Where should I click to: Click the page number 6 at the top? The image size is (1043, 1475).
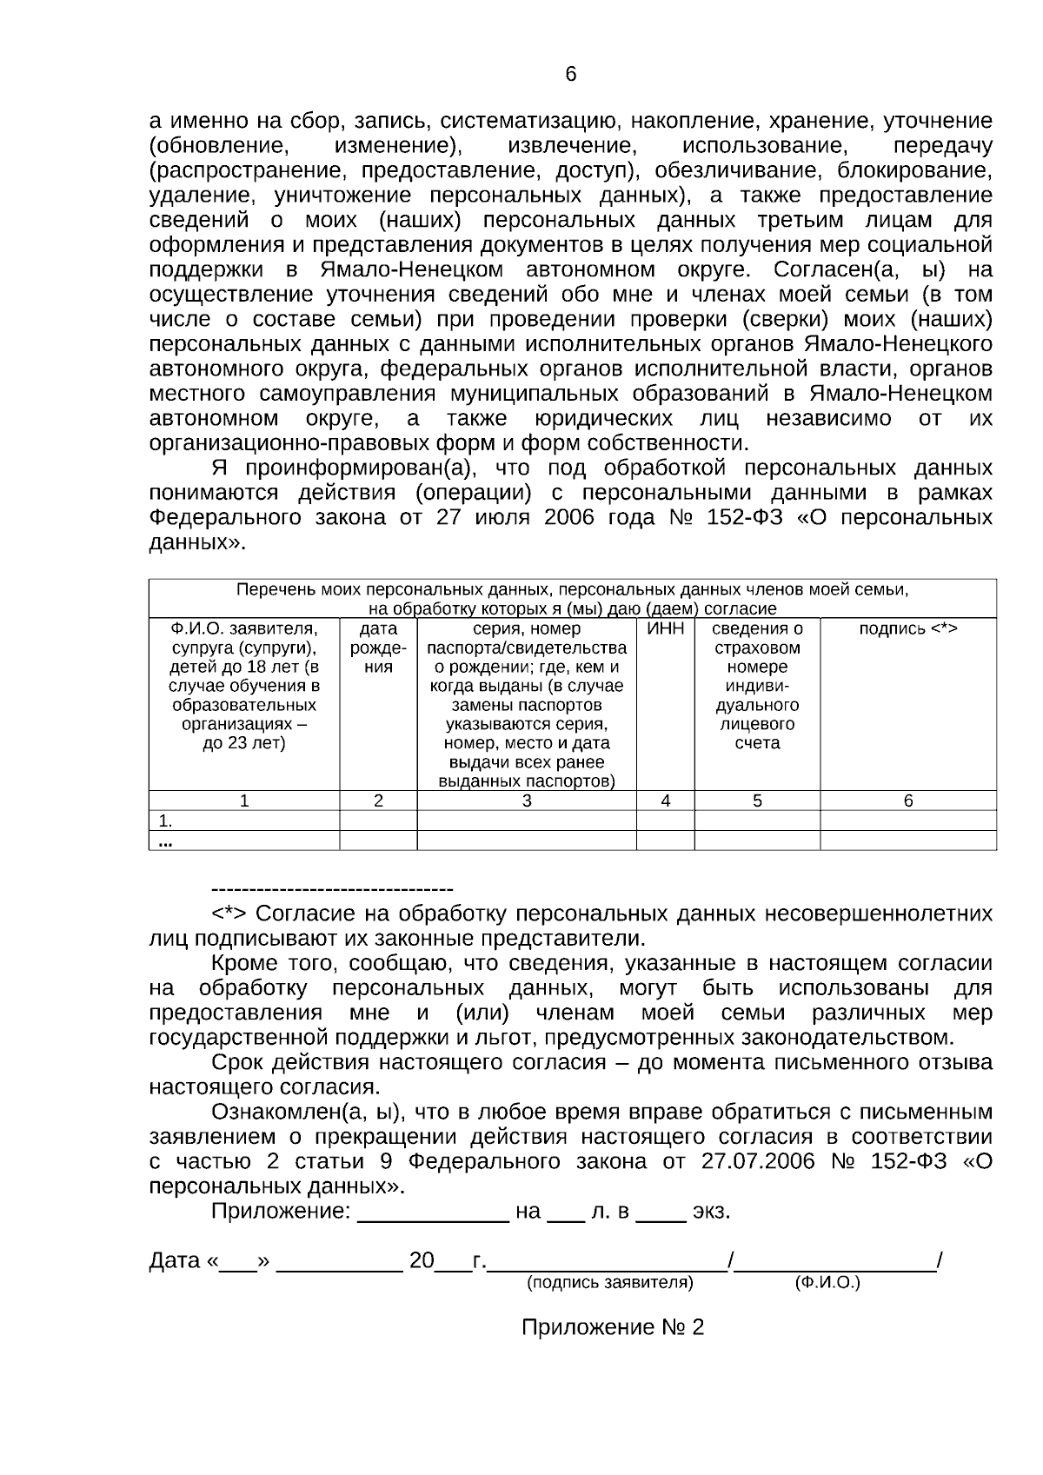(x=570, y=75)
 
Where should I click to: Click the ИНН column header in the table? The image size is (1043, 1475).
(x=665, y=628)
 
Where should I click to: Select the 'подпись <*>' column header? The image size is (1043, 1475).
(x=908, y=628)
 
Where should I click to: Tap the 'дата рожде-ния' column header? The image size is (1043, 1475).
(x=378, y=648)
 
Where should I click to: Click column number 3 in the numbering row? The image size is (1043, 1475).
(x=527, y=801)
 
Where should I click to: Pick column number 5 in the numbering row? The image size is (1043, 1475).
(x=757, y=801)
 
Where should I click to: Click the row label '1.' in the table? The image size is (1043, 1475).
(x=165, y=821)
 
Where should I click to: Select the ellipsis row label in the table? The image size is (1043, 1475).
(x=165, y=840)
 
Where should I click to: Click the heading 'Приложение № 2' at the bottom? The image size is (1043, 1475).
(x=612, y=1327)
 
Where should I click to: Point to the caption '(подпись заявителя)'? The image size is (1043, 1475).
(x=609, y=1282)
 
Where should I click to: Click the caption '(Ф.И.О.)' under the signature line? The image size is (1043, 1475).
(x=827, y=1282)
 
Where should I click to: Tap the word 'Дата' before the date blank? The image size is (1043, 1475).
(x=175, y=1260)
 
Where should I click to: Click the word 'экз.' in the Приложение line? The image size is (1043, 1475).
(x=711, y=1211)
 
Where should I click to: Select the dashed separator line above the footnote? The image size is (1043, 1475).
(x=332, y=889)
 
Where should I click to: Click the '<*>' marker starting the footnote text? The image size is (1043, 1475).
(x=229, y=914)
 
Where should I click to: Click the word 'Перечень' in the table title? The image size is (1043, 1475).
(x=276, y=589)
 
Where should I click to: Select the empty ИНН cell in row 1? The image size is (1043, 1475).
(x=665, y=821)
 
